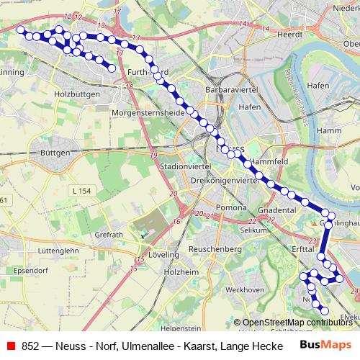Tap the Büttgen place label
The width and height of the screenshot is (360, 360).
click(55, 153)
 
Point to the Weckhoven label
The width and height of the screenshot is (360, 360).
click(244, 289)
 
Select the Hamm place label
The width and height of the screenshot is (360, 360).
click(328, 130)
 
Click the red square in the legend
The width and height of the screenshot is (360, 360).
click(11, 345)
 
